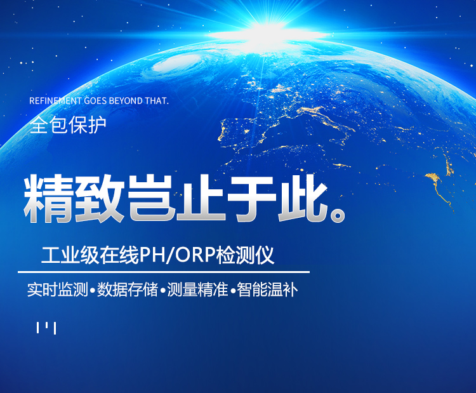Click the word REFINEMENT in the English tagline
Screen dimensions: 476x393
pos(55,101)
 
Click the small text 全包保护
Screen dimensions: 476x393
pos(68,125)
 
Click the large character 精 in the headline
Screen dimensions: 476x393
pos(49,199)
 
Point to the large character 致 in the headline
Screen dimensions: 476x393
pos(100,199)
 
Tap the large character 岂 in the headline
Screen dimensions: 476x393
pos(151,199)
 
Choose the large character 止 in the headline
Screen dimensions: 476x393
pos(202,199)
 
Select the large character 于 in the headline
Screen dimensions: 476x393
pos(253,199)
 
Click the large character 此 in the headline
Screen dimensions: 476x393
pos(303,199)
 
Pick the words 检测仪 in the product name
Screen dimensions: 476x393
pos(245,255)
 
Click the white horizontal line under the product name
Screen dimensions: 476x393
pos(164,272)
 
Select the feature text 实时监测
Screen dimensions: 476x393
pos(57,290)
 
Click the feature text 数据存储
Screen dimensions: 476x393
pos(128,290)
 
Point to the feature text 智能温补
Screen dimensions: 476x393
pos(267,290)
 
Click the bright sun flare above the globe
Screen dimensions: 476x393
pos(270,32)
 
